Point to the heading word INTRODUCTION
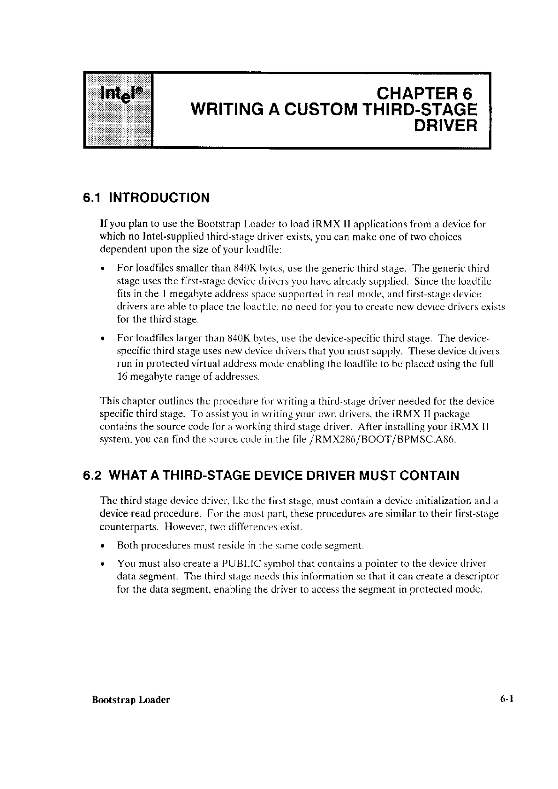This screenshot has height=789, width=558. (x=159, y=197)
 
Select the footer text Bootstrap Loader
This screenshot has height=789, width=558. (x=131, y=700)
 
